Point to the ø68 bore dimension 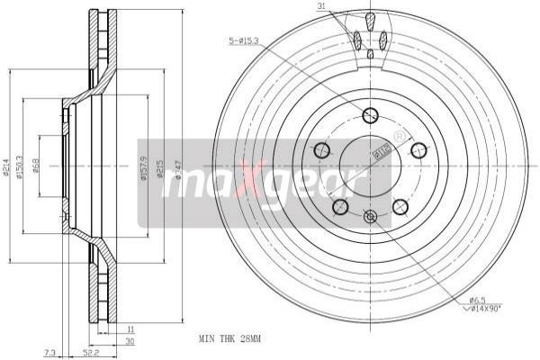tap(35, 167)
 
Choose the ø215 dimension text tap(160, 167)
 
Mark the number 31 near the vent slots tap(321, 8)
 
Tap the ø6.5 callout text tap(477, 300)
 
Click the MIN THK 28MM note tap(229, 340)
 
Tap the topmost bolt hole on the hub tap(370, 114)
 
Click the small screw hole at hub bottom tap(370, 216)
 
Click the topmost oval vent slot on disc tap(370, 18)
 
